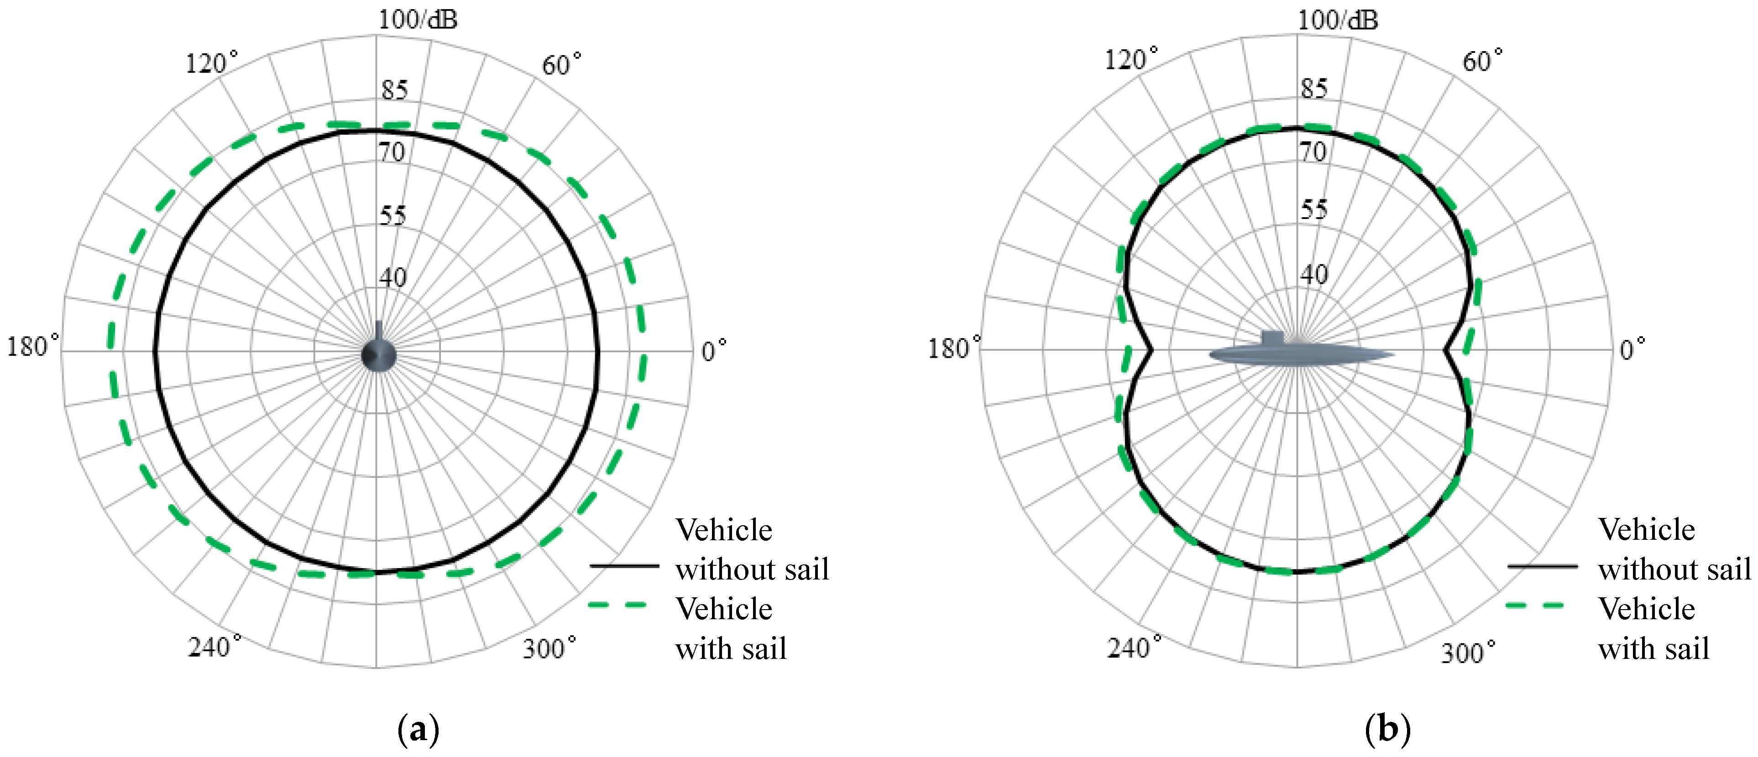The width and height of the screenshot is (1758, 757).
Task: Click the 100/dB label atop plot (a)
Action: point(418,19)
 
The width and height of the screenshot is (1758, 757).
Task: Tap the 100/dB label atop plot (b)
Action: point(1338,20)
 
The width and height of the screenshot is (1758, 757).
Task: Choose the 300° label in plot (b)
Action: point(1468,652)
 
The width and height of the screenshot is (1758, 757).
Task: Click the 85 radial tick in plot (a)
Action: point(394,89)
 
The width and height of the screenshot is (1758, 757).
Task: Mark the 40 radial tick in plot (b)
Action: point(1314,274)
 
